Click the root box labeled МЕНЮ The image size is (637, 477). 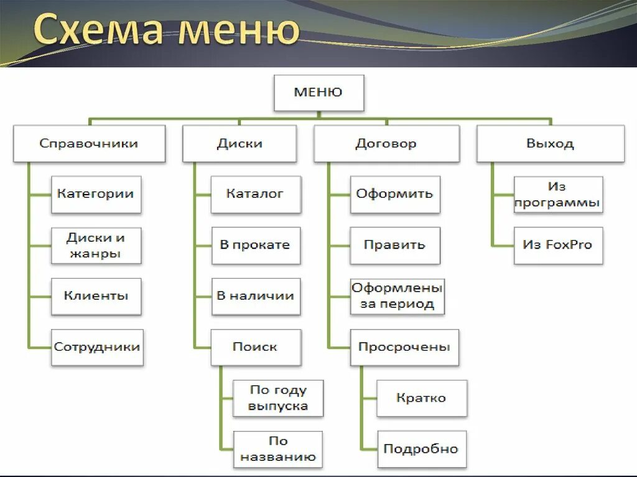318,93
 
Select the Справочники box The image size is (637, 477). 89,144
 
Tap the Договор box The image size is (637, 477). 386,144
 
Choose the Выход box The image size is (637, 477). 551,144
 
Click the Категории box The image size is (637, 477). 96,194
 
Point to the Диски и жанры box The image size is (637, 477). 96,245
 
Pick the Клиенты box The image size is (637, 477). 96,296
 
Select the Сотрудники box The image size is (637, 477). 97,347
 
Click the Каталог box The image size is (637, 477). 255,194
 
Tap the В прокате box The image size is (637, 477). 255,245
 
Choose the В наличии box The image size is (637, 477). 255,296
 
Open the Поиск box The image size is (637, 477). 255,347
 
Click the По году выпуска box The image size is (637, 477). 278,398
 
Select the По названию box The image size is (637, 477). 278,449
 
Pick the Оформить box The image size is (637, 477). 395,194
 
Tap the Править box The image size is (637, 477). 395,245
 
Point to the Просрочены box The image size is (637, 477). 404,347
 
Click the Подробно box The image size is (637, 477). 421,449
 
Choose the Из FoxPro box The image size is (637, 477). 558,245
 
